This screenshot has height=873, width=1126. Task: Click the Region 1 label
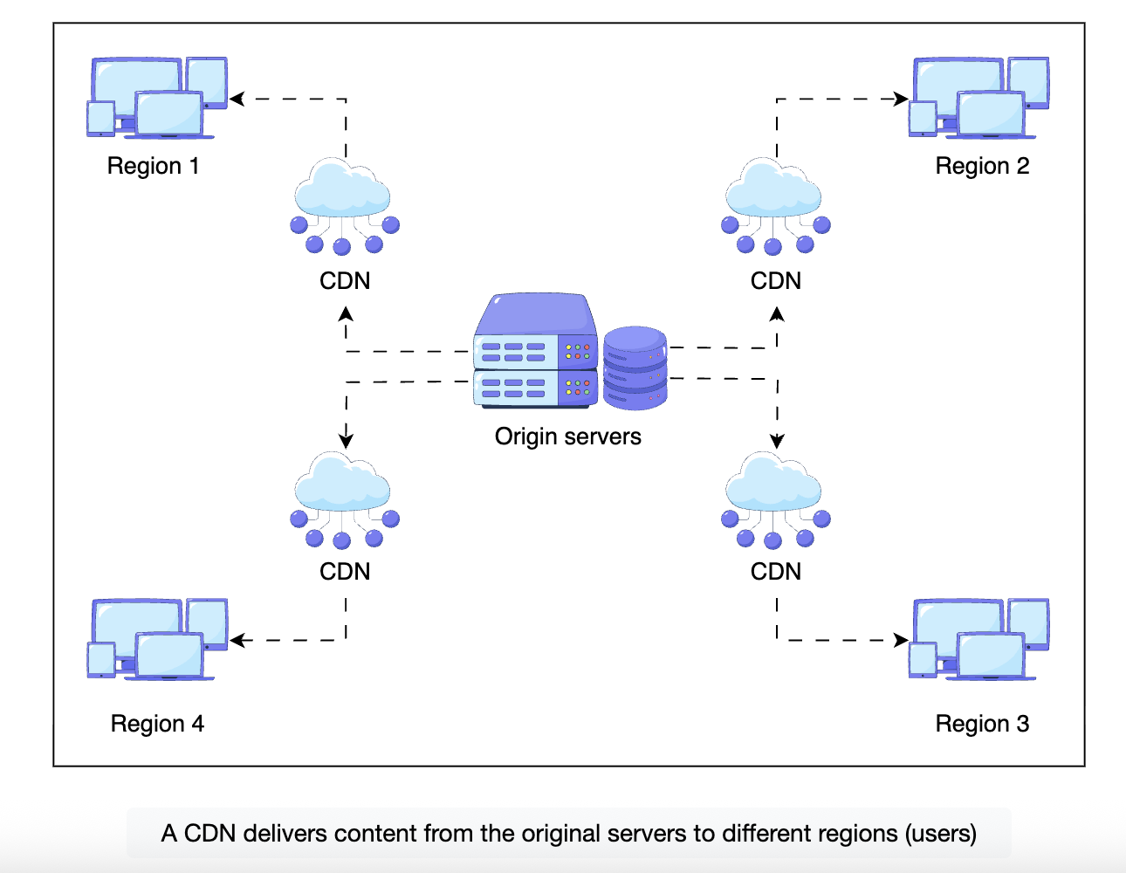coord(153,166)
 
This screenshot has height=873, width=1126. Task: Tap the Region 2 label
coord(982,166)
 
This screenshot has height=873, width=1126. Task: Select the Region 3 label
coord(982,724)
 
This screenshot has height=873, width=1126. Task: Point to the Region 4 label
coord(157,724)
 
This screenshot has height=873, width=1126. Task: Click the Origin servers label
coord(567,436)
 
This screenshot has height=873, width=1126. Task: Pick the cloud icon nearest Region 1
coord(343,206)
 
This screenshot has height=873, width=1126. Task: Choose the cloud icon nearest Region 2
coord(774,206)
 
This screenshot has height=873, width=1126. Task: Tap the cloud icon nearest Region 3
coord(774,499)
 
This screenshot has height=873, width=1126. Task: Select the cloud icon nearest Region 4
coord(343,499)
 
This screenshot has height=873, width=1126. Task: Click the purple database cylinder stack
coord(635,368)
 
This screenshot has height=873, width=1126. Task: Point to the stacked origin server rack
coord(535,351)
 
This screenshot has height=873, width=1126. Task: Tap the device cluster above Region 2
coord(978,98)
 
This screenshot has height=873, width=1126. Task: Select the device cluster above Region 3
coord(978,639)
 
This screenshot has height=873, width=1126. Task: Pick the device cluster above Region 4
coord(157,639)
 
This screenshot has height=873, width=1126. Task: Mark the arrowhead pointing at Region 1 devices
coord(236,100)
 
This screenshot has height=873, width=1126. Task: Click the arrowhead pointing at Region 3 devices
coord(902,640)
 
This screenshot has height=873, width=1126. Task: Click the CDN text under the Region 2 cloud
coord(775,281)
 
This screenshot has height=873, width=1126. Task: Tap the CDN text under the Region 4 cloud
coord(345,572)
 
